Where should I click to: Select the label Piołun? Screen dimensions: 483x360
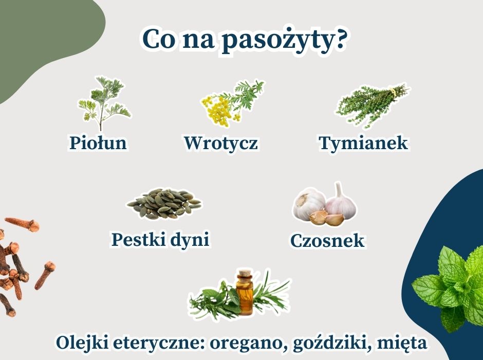pos(98,142)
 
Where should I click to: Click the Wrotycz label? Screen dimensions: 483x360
pos(220,142)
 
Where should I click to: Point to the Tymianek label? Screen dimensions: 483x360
pos(363,142)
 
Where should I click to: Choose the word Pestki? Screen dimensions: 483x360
pos(139,240)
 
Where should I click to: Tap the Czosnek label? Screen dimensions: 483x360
pos(327,240)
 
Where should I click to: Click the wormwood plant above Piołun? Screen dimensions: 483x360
pos(104,103)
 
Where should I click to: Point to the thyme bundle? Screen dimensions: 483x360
pos(372,105)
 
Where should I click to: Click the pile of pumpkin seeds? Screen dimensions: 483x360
pos(164,204)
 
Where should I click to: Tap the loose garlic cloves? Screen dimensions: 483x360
pos(326,218)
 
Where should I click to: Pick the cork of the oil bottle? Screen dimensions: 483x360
pos(245,274)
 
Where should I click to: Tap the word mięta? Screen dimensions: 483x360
pos(402,343)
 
